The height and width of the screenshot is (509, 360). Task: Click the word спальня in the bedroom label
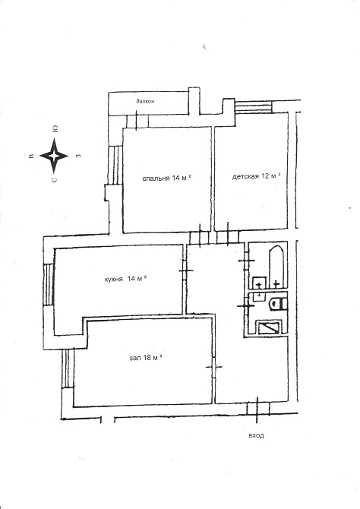click(156, 179)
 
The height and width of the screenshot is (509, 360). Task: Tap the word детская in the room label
click(245, 176)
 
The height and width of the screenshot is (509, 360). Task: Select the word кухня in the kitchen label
click(114, 279)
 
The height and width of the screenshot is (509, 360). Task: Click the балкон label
click(145, 101)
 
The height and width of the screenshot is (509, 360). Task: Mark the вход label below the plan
click(256, 435)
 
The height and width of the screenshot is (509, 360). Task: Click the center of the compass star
click(54, 156)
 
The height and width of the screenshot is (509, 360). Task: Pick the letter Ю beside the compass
click(55, 129)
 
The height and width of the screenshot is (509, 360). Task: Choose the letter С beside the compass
click(55, 179)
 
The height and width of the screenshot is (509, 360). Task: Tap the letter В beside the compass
click(31, 156)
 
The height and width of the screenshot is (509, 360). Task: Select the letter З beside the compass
click(78, 156)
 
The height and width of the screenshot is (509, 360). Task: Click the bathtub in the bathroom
click(276, 267)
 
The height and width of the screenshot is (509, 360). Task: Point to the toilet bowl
click(277, 304)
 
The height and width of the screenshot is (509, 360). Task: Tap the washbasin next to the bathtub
click(259, 283)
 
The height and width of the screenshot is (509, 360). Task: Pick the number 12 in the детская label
click(265, 176)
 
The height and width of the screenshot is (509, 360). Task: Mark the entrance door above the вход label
click(257, 409)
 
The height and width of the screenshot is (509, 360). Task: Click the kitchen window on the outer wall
click(49, 284)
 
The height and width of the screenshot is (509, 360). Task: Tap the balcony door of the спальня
click(137, 121)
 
